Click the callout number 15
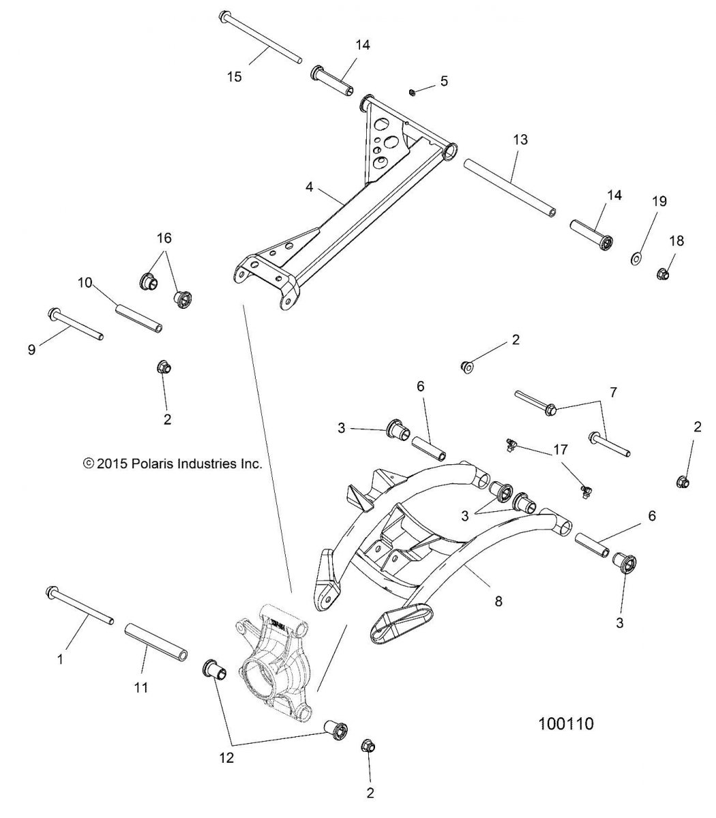(x=234, y=76)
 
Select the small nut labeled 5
(x=414, y=92)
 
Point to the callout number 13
(x=520, y=139)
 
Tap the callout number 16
(x=164, y=238)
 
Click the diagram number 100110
(x=565, y=723)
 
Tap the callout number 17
(x=559, y=450)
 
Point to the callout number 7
(x=612, y=392)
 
